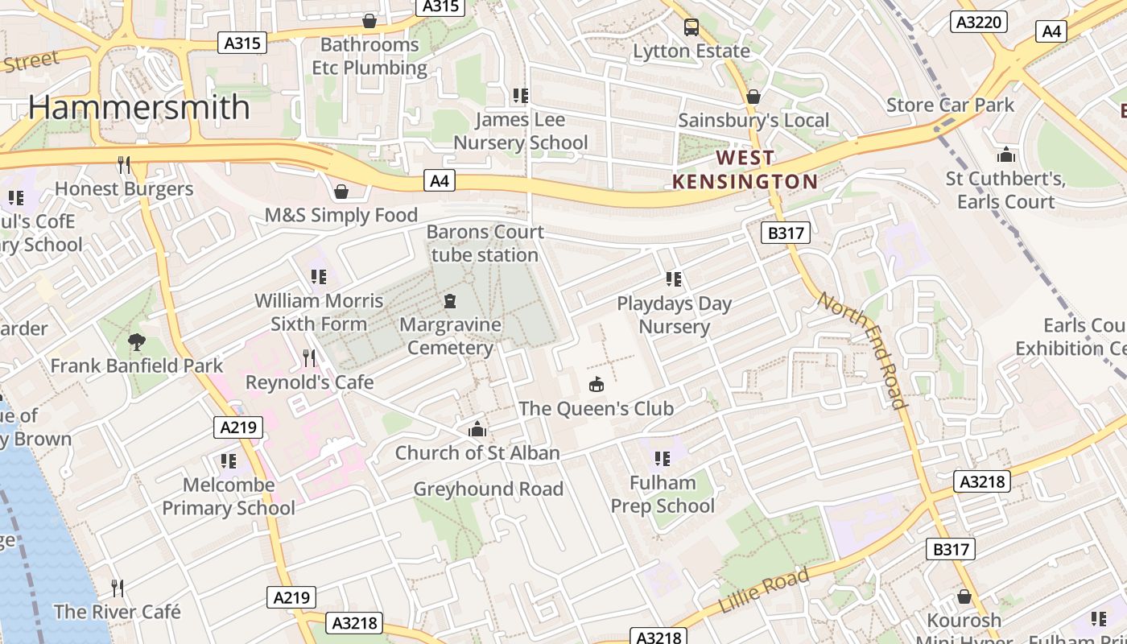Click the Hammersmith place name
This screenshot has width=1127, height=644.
139,107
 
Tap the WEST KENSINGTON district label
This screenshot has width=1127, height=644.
745,170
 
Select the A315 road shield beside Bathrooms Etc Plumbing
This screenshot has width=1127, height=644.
242,43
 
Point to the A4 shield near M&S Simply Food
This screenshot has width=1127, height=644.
439,181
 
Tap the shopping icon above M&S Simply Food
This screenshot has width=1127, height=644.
341,192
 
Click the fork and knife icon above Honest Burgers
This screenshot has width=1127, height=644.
124,165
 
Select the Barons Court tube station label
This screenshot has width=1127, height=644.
485,243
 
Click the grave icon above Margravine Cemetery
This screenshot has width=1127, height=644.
450,302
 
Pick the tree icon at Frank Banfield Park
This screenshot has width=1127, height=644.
137,342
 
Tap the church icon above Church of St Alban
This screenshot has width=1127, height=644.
477,429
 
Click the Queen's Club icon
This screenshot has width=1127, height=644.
596,385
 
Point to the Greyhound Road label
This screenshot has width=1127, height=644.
488,489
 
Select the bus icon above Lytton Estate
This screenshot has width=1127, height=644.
691,27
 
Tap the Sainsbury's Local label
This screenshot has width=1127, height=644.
753,121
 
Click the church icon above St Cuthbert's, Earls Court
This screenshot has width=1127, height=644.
1005,155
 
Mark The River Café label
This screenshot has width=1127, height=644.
118,612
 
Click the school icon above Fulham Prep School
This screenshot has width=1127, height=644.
662,459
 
